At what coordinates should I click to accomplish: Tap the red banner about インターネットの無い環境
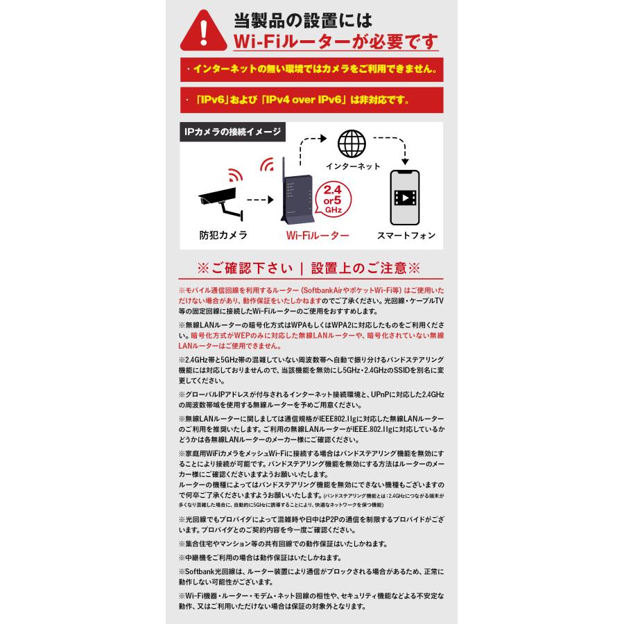click(x=311, y=70)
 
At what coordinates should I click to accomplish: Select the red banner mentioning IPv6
click(x=311, y=100)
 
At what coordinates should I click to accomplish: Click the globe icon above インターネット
click(x=352, y=144)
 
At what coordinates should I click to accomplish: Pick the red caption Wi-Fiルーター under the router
click(x=318, y=236)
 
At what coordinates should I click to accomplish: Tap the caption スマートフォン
click(x=406, y=236)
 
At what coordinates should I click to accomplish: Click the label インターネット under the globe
click(x=353, y=166)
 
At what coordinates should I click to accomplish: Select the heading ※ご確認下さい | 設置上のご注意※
click(x=309, y=268)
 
